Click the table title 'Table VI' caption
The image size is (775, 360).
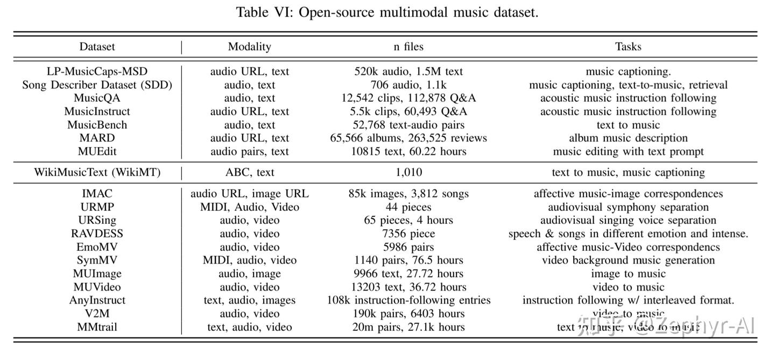[387, 12]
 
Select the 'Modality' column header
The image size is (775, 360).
[249, 47]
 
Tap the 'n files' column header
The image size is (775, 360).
[408, 47]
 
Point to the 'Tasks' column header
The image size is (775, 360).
[628, 47]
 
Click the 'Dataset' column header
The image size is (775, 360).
[97, 47]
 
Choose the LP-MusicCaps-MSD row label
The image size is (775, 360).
[97, 72]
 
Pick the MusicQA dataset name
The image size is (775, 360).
[97, 98]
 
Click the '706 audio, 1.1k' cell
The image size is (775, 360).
[408, 85]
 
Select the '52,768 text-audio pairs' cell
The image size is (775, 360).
[408, 125]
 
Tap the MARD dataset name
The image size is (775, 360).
[97, 138]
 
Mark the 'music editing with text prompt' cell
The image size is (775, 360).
[628, 152]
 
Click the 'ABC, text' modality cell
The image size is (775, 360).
[249, 173]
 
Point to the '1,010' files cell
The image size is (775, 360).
[408, 173]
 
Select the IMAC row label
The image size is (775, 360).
[97, 194]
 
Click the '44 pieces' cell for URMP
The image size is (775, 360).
[408, 207]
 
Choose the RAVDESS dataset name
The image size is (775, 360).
[97, 234]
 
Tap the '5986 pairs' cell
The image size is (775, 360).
[408, 247]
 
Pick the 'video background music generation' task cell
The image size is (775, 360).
[628, 260]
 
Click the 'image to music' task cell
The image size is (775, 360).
[628, 274]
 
